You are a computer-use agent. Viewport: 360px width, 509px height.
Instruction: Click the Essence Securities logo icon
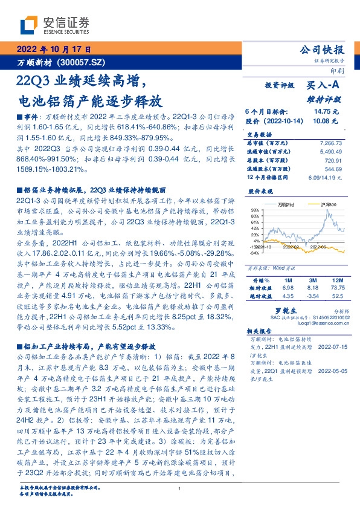pos(28,25)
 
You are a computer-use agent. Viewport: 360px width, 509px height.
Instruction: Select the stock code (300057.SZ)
pos(83,62)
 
